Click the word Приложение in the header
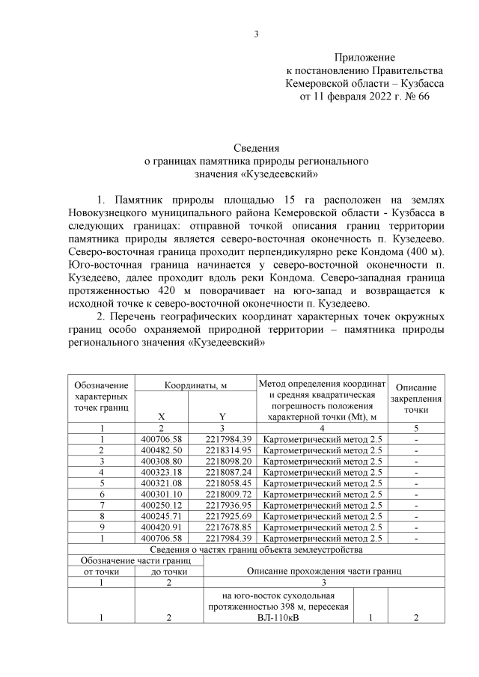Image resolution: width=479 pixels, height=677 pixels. [364, 58]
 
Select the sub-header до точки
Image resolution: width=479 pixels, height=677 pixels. [168, 572]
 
